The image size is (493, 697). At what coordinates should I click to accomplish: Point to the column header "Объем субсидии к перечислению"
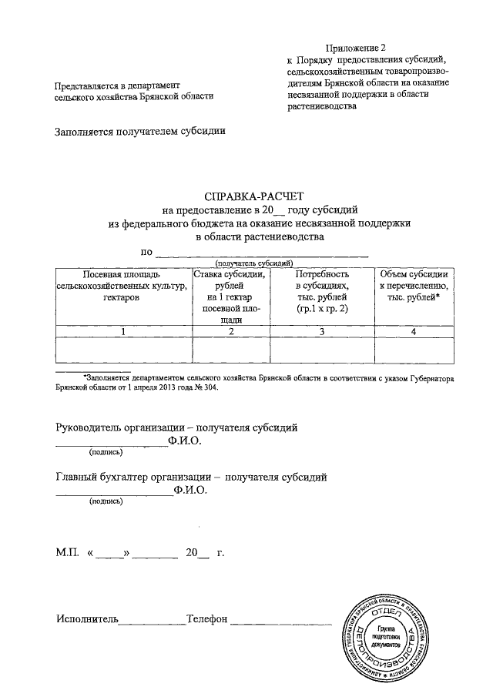pos(414,285)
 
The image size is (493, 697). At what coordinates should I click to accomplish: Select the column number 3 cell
pos(323,331)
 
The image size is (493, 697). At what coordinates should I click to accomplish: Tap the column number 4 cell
pos(414,331)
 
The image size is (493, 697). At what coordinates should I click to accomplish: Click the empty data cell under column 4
pos(414,350)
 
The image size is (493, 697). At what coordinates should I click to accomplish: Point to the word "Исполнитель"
pos(86,618)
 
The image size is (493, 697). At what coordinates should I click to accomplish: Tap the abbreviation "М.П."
pos(68,553)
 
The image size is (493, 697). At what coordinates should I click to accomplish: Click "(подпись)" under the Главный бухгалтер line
pos(106,501)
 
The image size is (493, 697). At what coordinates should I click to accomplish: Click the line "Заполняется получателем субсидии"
pos(140,131)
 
